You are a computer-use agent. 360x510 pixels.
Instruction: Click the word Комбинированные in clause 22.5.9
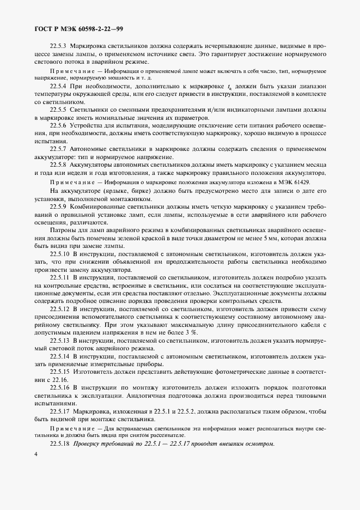point(105,207)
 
